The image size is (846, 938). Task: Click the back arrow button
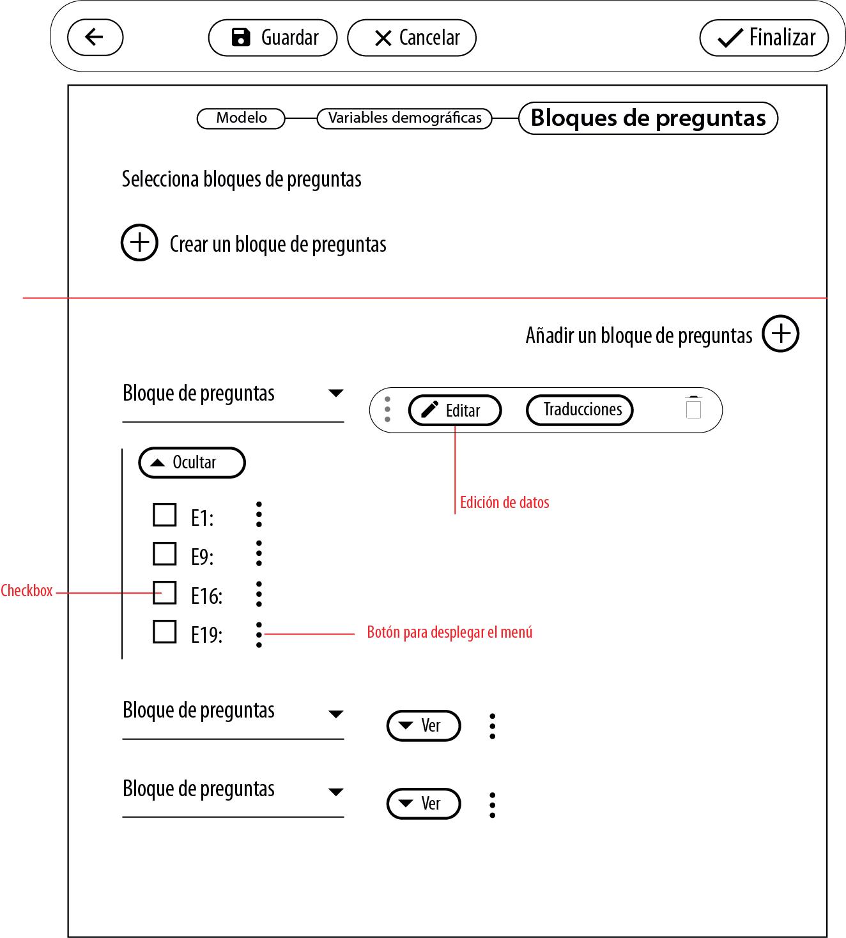95,37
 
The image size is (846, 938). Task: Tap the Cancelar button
411,38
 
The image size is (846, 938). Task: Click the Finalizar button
764,38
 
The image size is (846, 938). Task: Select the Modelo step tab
241,118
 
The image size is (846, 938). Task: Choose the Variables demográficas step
404,118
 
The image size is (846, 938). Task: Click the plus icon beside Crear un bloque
139,243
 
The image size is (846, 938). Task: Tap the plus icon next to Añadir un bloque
780,334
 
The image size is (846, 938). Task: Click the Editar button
454,410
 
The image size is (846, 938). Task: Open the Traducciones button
579,410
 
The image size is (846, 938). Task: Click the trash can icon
693,408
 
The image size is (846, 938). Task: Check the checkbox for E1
165,514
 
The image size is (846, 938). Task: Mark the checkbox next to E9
165,554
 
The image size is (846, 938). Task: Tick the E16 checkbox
165,592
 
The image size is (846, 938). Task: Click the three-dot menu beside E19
259,634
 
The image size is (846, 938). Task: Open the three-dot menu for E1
259,514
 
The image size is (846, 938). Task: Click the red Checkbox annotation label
27,591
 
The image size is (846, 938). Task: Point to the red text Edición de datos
504,503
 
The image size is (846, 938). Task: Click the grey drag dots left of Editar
387,410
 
